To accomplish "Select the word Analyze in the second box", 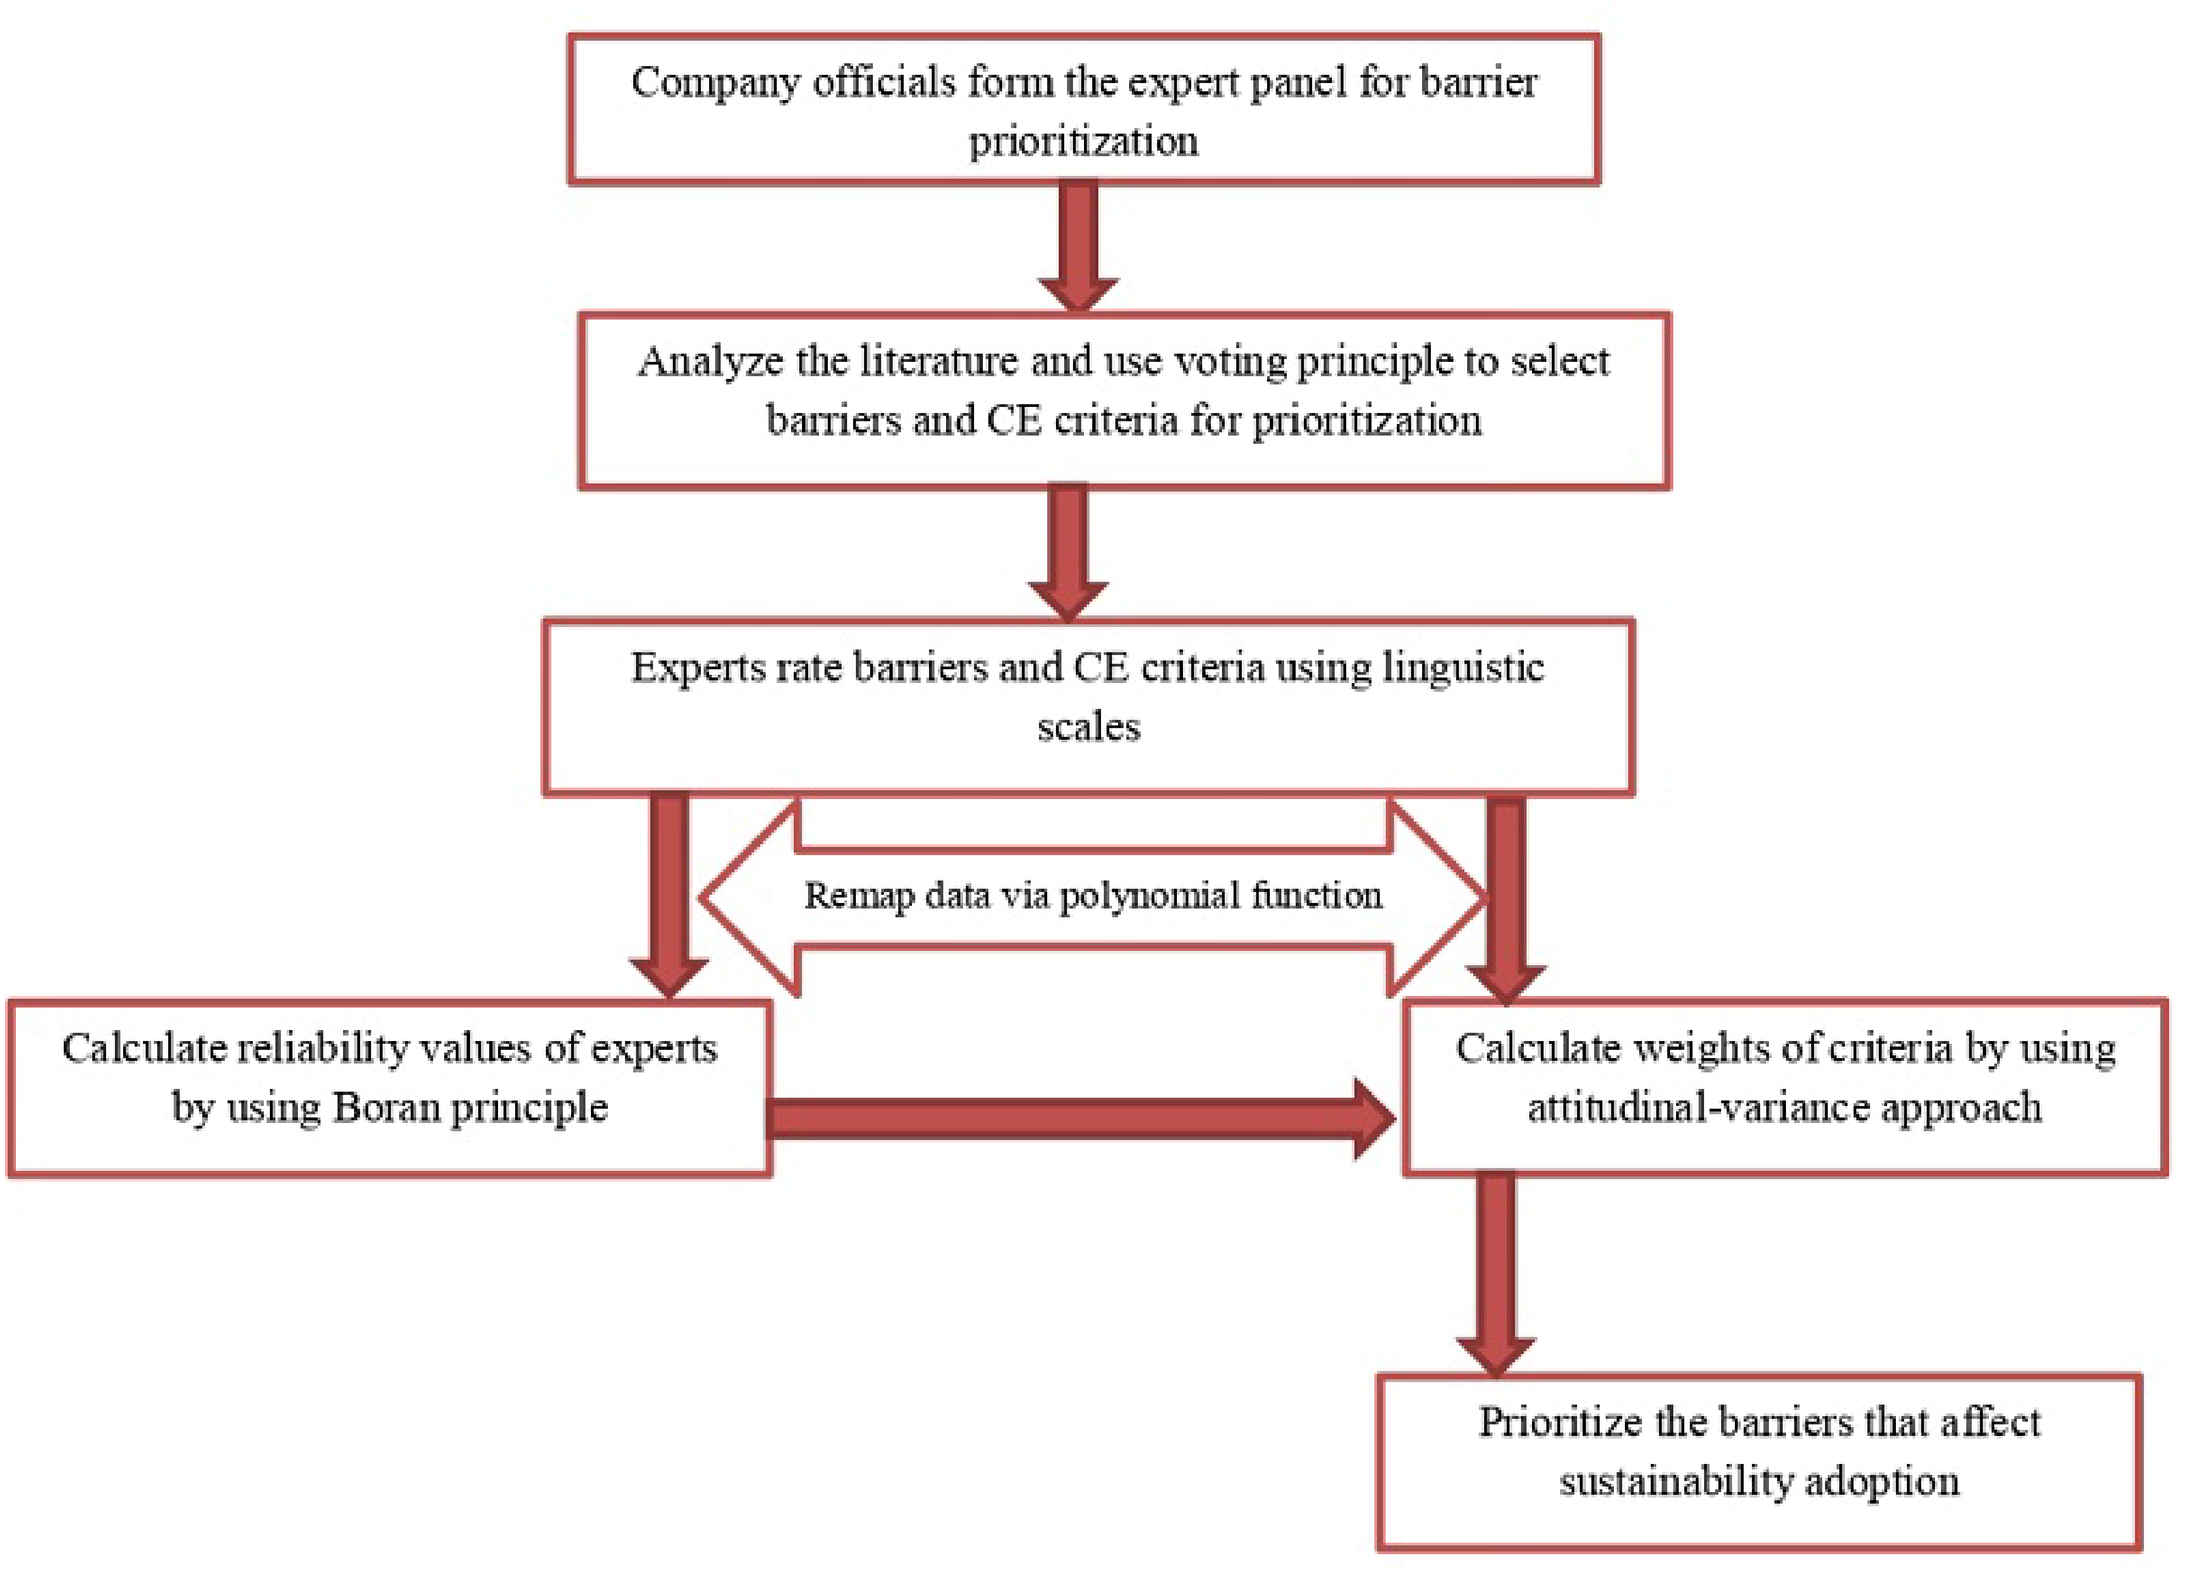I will [x=710, y=362].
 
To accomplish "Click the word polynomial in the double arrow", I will [x=1150, y=895].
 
